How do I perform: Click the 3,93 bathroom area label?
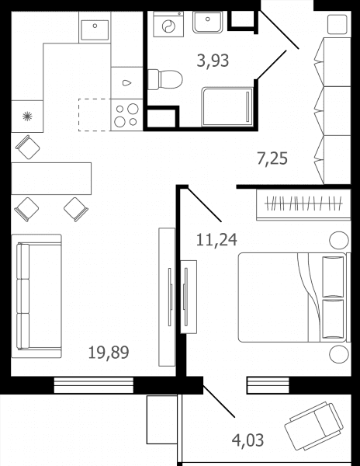[x=213, y=61]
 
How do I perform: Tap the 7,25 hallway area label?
[x=272, y=158]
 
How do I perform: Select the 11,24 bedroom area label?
[x=216, y=240]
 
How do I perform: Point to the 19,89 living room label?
[x=109, y=353]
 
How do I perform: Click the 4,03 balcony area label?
[x=247, y=440]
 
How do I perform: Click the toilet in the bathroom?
[x=165, y=79]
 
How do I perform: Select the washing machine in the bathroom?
[x=168, y=24]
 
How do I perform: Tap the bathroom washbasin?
[x=207, y=22]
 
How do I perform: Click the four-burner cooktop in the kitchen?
[x=126, y=115]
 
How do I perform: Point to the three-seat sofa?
[x=36, y=296]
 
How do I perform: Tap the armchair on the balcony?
[x=313, y=426]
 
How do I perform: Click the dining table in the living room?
[x=51, y=179]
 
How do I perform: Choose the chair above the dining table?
[x=28, y=147]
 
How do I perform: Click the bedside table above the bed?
[x=339, y=241]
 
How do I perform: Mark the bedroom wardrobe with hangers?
[x=303, y=204]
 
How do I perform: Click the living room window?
[x=93, y=385]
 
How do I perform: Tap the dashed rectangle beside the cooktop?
[x=95, y=115]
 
